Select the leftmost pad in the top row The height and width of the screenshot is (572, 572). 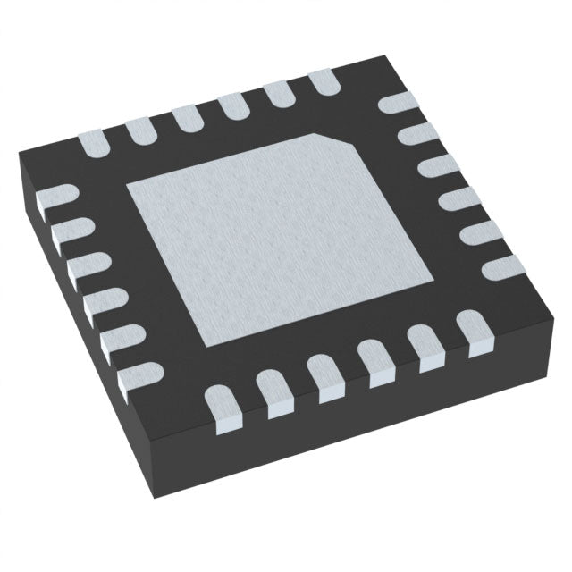(95, 140)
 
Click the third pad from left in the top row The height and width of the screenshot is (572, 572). (187, 117)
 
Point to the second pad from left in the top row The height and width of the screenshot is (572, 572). (142, 130)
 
